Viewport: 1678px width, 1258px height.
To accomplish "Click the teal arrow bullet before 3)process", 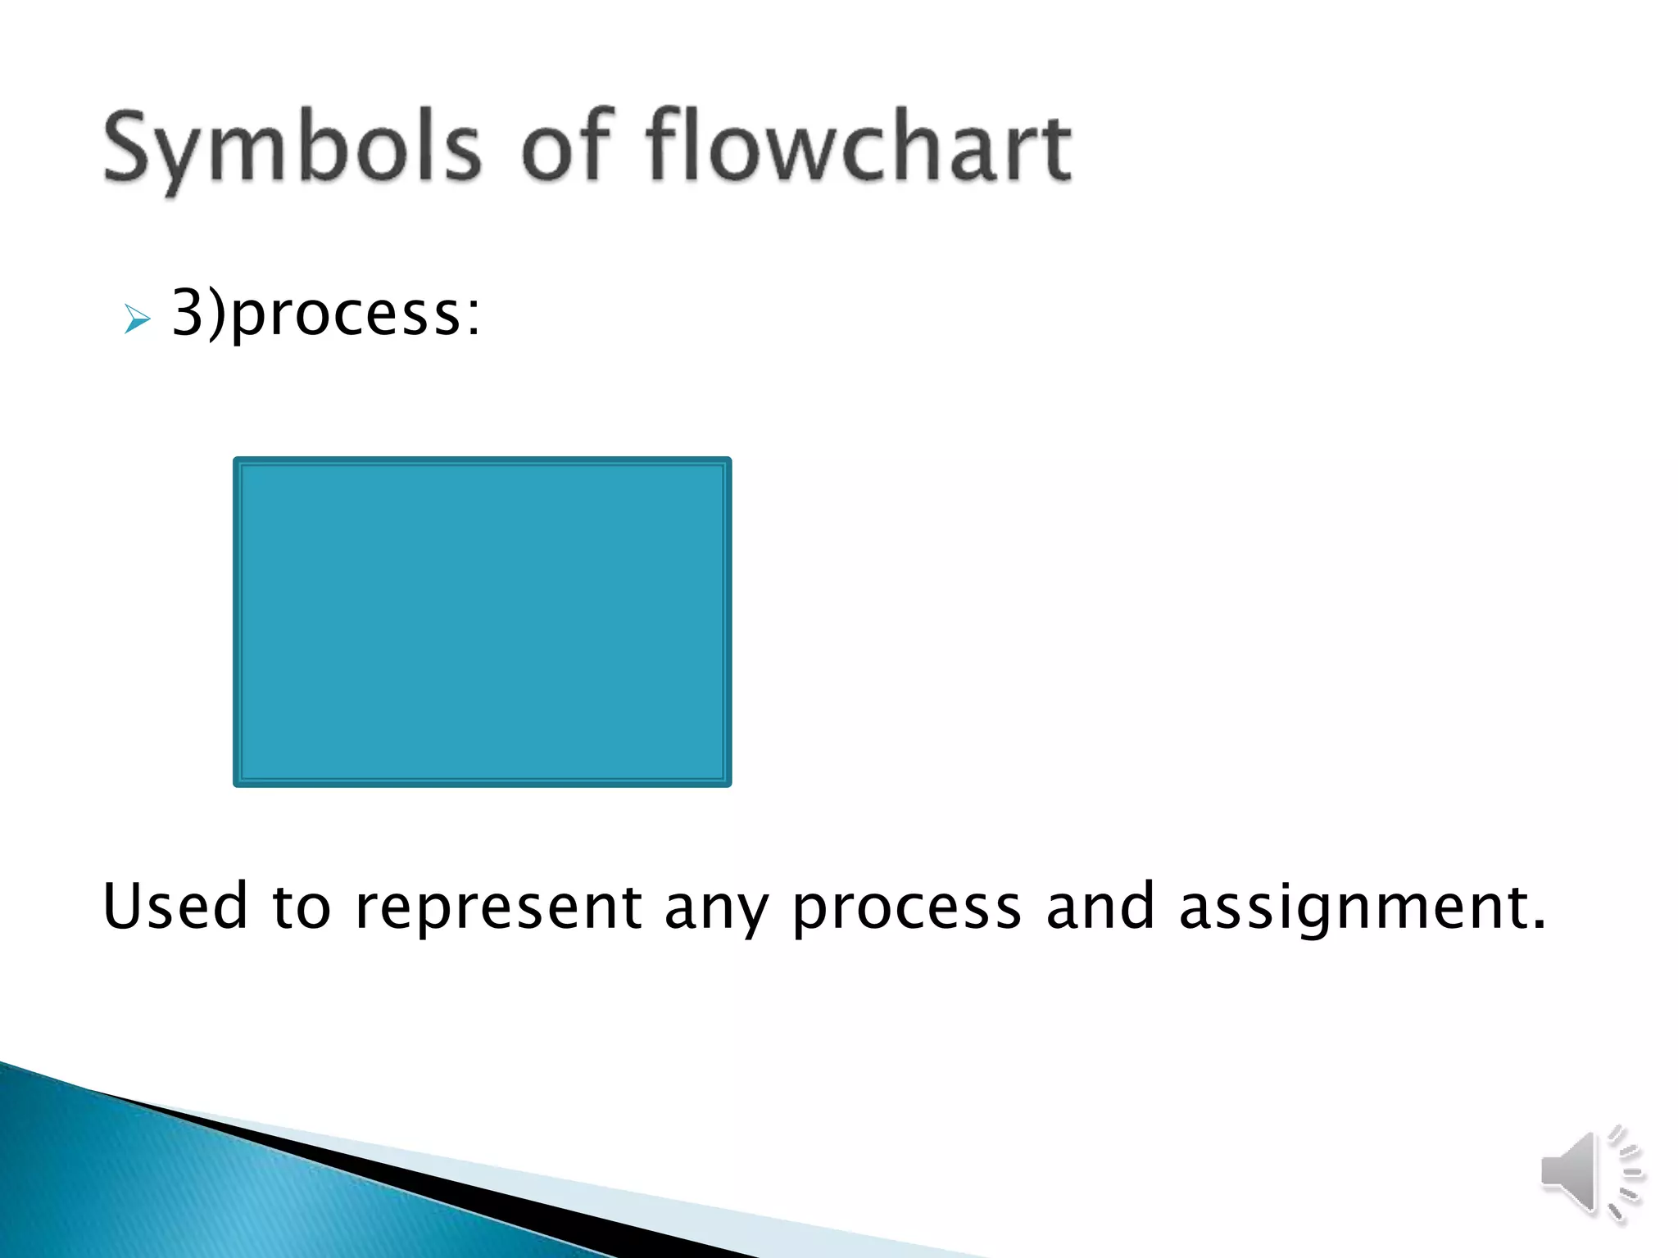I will coord(137,319).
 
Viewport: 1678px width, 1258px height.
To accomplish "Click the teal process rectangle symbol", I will coord(482,622).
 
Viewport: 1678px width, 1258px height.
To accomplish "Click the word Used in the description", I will coord(175,907).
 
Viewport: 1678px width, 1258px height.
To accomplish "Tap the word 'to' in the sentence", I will coord(301,907).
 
